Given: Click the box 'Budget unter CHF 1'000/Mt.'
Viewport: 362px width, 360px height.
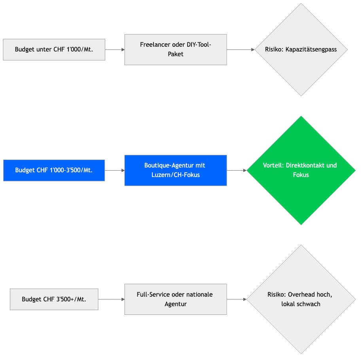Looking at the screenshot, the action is (54, 50).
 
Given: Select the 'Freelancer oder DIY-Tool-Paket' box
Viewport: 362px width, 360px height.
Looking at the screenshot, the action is (176, 50).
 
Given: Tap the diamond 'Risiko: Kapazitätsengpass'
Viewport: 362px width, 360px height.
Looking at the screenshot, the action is (301, 50).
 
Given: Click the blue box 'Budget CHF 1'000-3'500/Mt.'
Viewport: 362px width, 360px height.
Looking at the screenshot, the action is (54, 170).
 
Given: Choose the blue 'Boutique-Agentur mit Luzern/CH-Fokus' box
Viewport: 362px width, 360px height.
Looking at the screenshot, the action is (176, 170).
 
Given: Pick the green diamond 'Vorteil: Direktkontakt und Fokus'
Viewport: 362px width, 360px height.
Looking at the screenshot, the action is (301, 170).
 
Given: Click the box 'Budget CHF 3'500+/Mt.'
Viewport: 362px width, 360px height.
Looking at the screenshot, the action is (54, 299).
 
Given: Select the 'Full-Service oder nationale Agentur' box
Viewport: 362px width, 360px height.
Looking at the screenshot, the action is (176, 299).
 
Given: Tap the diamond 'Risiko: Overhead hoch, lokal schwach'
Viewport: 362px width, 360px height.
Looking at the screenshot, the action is (301, 299).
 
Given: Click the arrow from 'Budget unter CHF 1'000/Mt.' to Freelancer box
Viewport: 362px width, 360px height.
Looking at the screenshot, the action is (115, 50).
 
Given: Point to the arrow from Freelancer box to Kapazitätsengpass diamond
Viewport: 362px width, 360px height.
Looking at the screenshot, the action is (241, 50).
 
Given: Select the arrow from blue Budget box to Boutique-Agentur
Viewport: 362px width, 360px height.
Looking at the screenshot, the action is (114, 170).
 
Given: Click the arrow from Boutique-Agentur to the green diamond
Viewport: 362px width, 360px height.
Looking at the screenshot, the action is (237, 170).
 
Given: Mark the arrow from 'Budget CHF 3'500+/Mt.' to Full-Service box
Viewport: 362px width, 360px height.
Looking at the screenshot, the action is (111, 299).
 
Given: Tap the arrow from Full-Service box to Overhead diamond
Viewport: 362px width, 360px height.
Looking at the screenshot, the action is (237, 299).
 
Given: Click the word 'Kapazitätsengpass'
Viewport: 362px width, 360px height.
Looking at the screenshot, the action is (311, 50).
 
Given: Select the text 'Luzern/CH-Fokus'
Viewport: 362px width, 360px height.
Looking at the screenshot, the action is (176, 175).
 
